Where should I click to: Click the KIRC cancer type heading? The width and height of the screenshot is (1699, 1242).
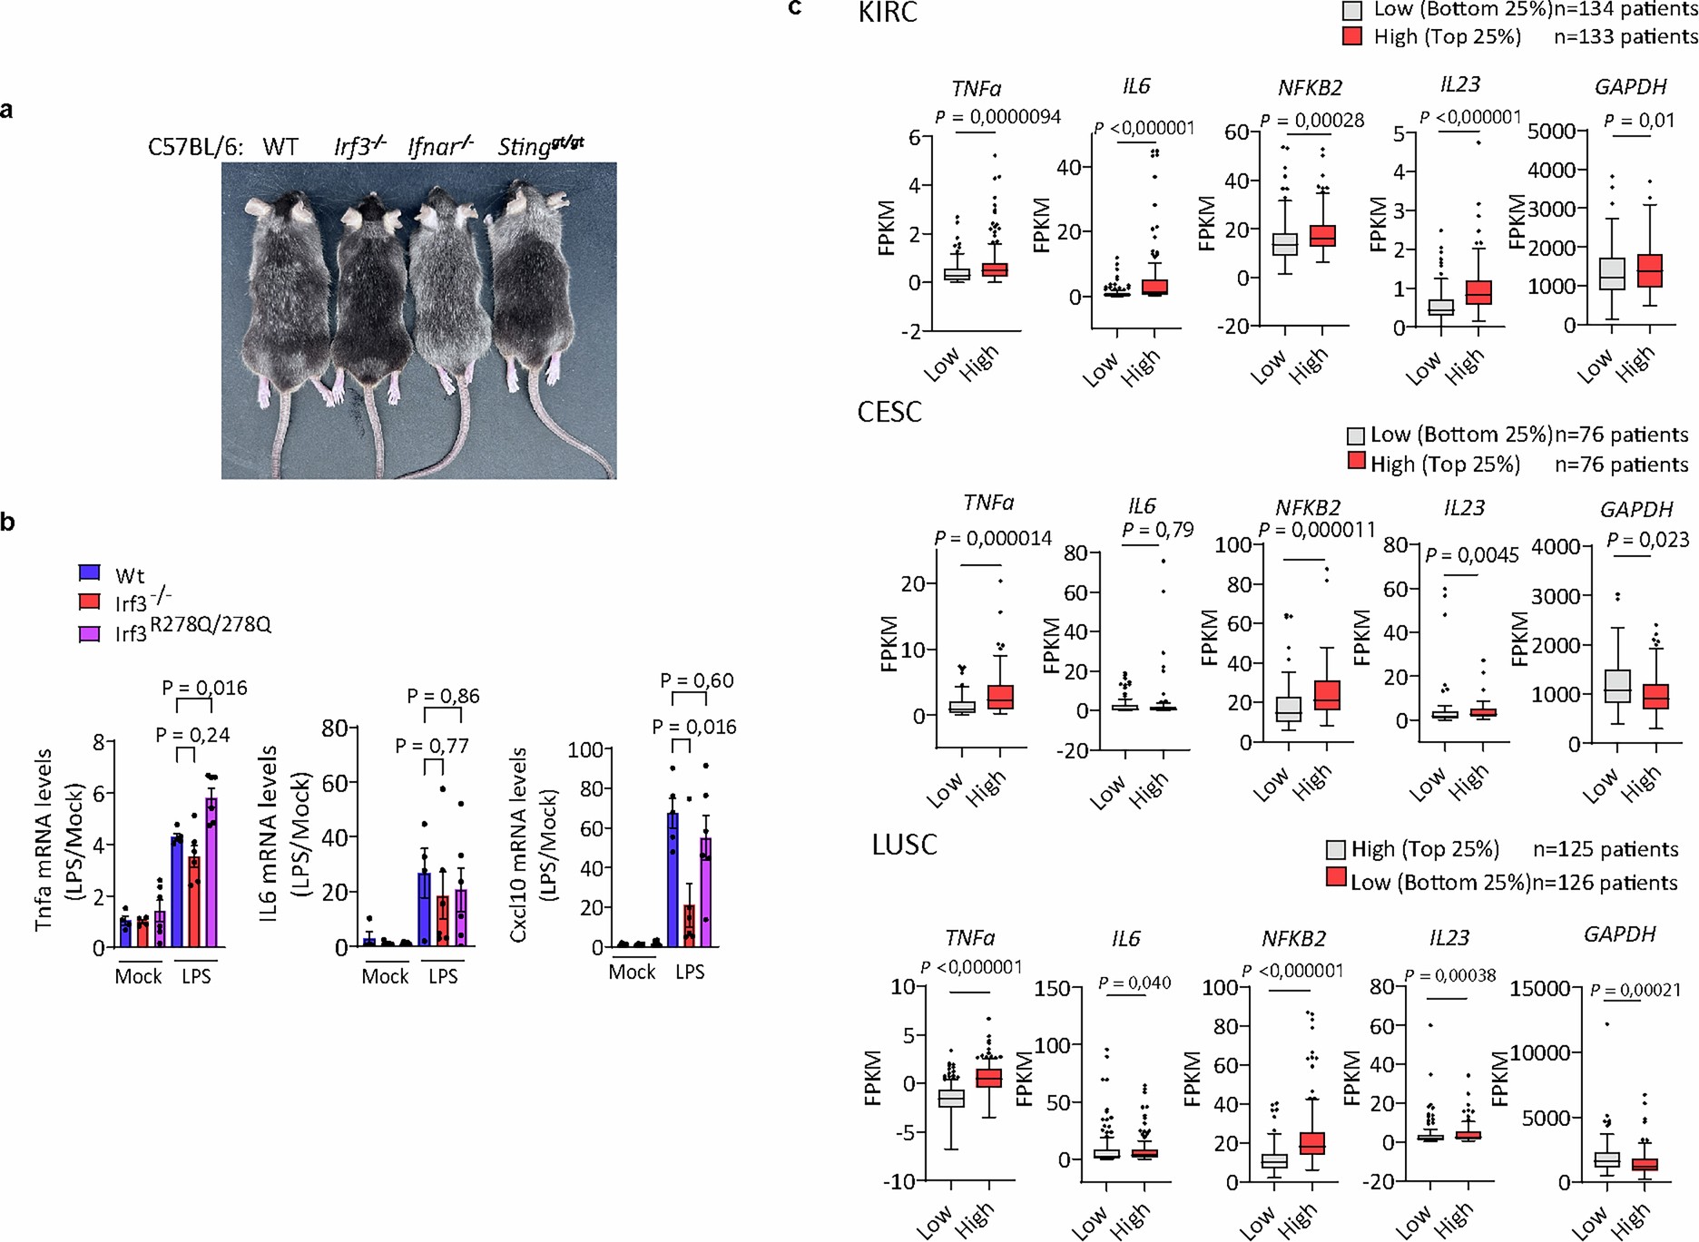pos(888,13)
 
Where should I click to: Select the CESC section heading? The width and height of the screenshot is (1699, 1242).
pos(889,412)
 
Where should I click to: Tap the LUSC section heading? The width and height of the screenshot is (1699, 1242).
pos(904,845)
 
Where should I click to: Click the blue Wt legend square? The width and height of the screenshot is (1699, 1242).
pos(89,572)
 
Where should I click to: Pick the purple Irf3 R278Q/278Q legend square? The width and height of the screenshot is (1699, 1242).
pos(89,633)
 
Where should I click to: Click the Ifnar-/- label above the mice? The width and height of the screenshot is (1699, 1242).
pos(440,145)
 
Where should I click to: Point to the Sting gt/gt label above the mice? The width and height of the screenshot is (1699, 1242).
pos(541,145)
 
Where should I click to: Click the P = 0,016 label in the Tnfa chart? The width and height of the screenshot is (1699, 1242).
pos(204,688)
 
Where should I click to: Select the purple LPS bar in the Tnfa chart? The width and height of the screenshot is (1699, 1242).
pos(211,871)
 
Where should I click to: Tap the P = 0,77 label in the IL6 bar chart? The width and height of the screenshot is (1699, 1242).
pos(432,746)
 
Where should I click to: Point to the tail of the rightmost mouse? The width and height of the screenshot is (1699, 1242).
pos(554,426)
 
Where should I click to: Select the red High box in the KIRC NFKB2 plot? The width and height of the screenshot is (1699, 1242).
pos(1322,236)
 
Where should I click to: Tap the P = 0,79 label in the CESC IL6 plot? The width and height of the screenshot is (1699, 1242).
pos(1157,530)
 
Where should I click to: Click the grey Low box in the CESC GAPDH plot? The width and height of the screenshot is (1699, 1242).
pos(1617,685)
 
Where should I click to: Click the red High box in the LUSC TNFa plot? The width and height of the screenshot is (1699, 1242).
pos(988,1078)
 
